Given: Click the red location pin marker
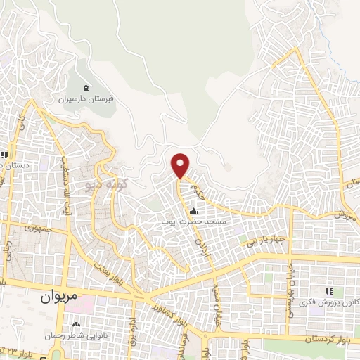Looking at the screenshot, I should tap(181, 165).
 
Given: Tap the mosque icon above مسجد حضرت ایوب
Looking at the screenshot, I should tap(193, 211).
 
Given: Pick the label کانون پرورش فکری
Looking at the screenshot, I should tap(326, 302).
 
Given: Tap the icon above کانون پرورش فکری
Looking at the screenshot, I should tap(328, 291).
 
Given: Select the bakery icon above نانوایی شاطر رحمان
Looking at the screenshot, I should tap(76, 324).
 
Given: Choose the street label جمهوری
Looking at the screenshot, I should tap(38, 229).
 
